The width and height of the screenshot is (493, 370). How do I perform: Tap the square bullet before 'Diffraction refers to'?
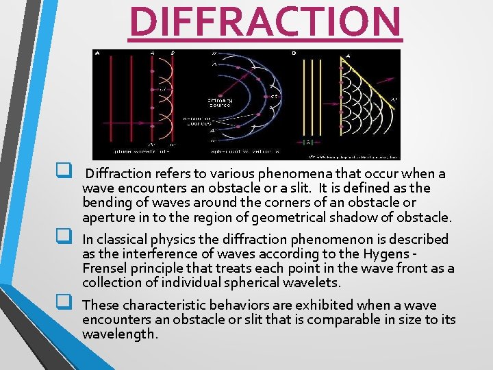coord(66,173)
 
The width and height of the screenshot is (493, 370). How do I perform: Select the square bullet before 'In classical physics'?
coord(66,238)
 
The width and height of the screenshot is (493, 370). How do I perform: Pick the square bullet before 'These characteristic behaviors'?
coord(66,304)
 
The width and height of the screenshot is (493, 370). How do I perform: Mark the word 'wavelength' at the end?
coord(120,334)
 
